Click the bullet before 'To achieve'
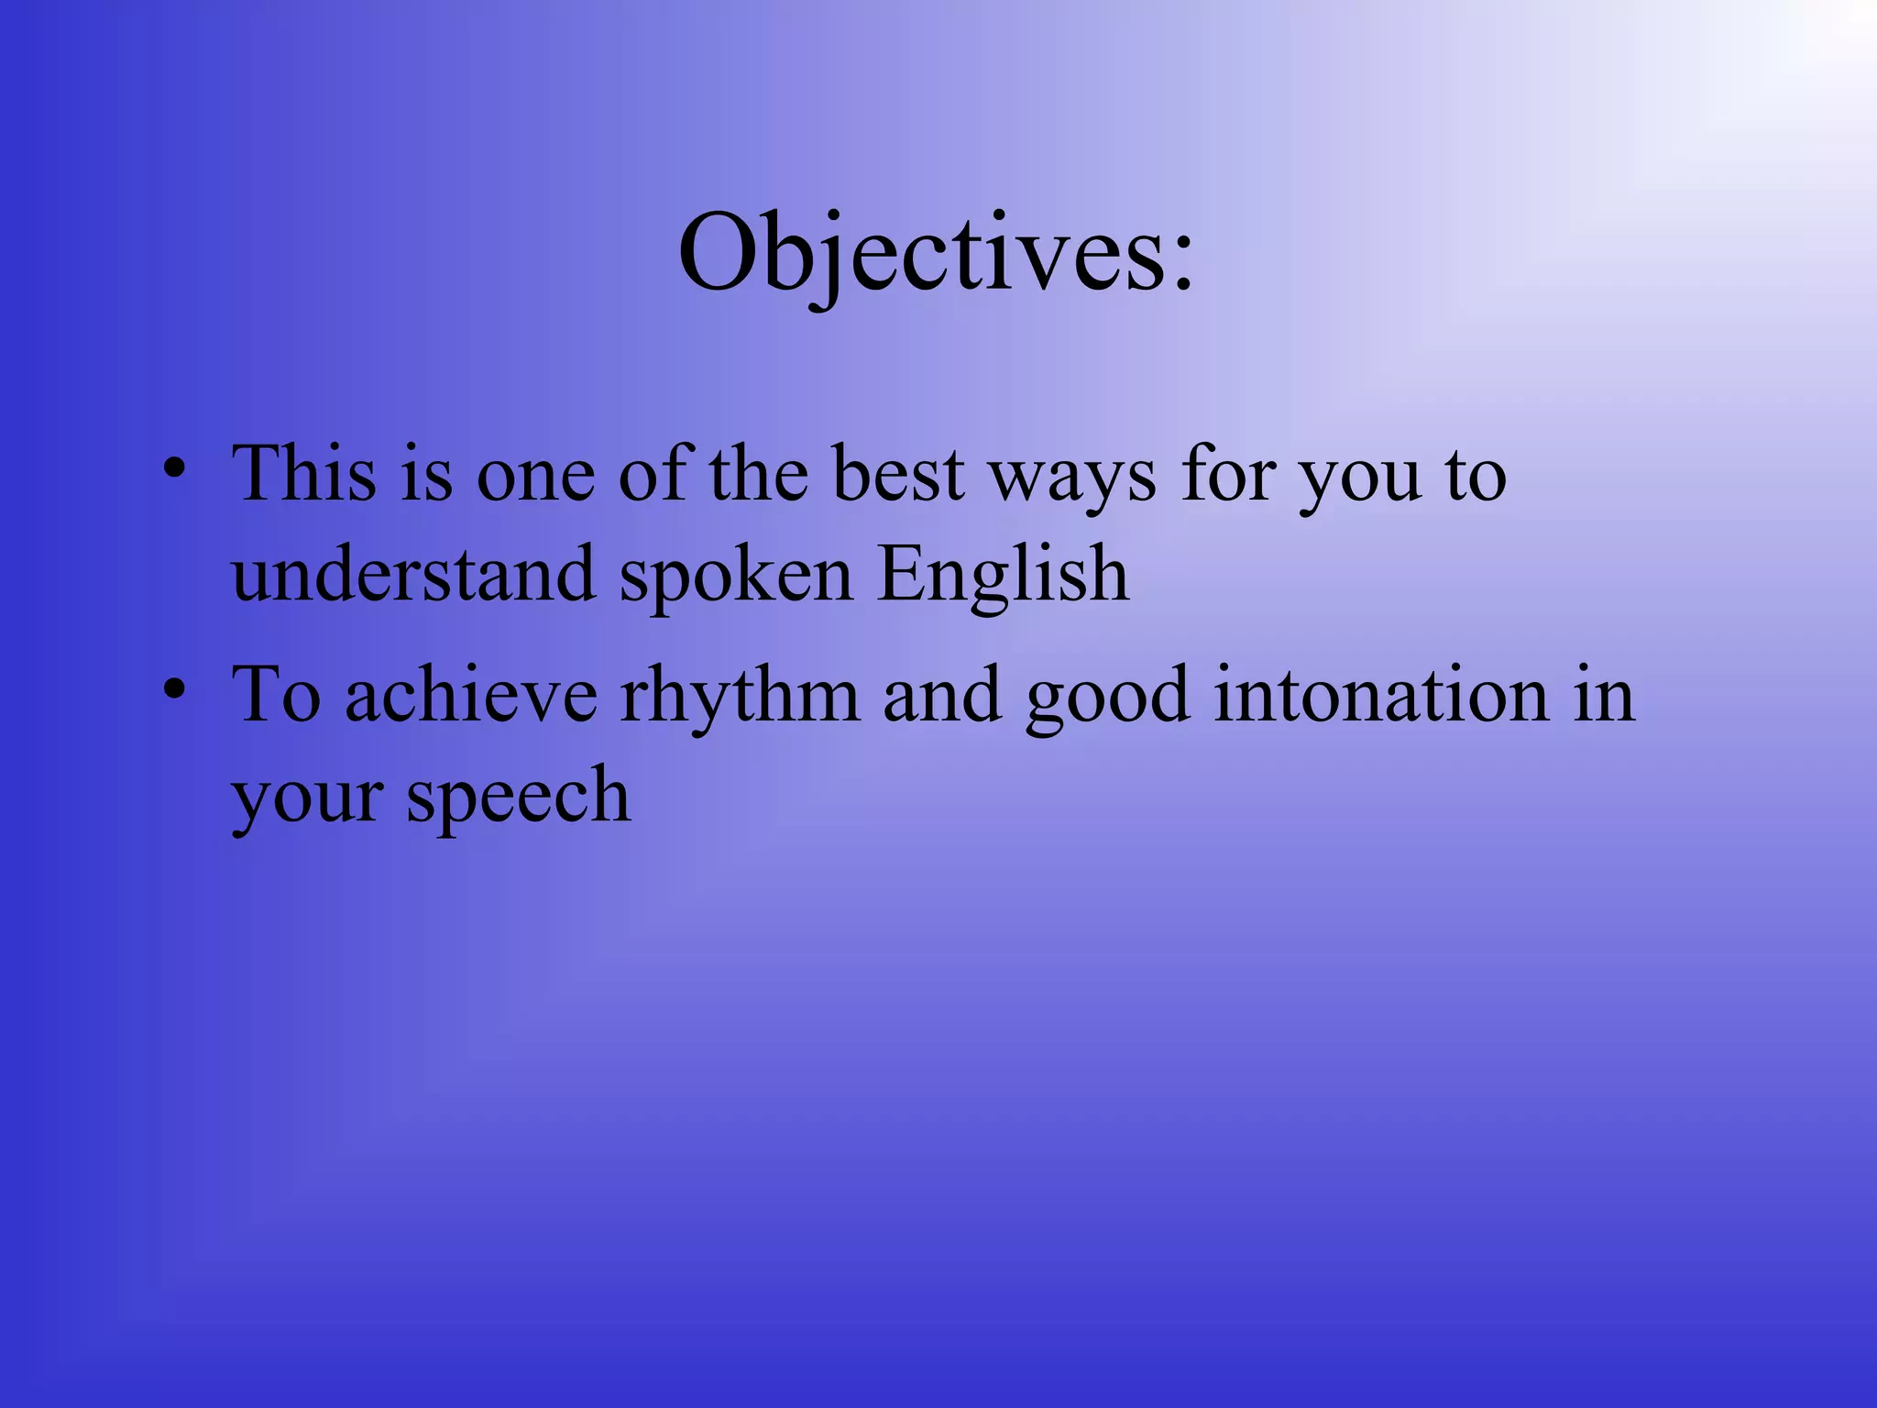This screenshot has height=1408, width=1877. pyautogui.click(x=175, y=689)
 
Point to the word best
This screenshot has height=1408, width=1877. pyautogui.click(x=898, y=474)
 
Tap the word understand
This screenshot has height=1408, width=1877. pyautogui.click(x=413, y=575)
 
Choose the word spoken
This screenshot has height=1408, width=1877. pyautogui.click(x=736, y=579)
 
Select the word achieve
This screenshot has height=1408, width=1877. pyautogui.click(x=471, y=696)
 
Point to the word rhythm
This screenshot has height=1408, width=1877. pyautogui.click(x=741, y=698)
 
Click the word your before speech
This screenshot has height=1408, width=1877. pyautogui.click(x=307, y=802)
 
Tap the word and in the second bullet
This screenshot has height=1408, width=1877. pyautogui.click(x=942, y=696)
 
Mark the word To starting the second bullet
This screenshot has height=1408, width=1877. pyautogui.click(x=276, y=696)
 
